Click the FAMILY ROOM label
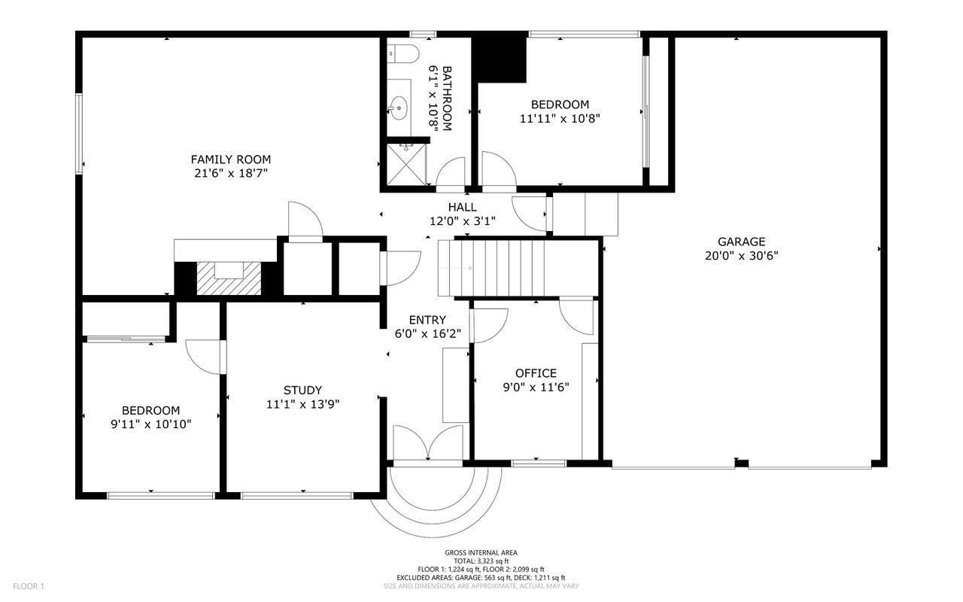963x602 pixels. [x=231, y=160]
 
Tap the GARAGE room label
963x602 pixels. [x=742, y=242]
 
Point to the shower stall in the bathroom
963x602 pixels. [x=406, y=165]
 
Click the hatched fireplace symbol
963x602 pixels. [x=229, y=278]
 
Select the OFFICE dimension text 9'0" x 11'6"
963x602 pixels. [x=536, y=388]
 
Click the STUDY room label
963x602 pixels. [x=302, y=390]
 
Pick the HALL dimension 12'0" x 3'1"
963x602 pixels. [x=463, y=221]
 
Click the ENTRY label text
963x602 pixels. [x=427, y=320]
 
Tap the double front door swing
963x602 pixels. [x=428, y=443]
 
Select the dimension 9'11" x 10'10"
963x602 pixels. [x=151, y=424]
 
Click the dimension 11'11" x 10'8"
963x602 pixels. [x=560, y=118]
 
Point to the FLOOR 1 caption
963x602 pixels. [x=29, y=586]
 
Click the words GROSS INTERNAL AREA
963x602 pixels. [x=481, y=553]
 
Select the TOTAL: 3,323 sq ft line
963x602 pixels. [x=481, y=561]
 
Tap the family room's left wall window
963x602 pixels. [x=79, y=134]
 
